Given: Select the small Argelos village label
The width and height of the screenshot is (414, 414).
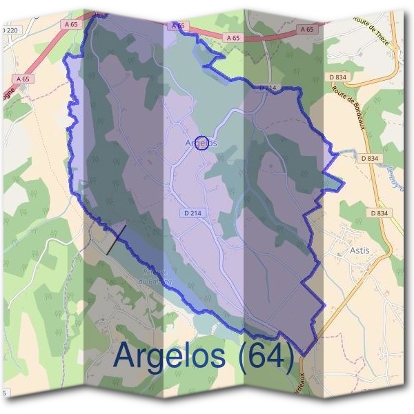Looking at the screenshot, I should tap(201, 143).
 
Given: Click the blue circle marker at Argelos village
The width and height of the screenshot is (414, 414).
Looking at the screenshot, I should tap(202, 143).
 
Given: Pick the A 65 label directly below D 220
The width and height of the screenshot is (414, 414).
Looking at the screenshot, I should tap(22, 79).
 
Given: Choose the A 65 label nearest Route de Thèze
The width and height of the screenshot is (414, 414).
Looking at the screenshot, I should tap(307, 29).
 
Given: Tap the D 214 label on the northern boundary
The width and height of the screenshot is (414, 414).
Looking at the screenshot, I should tap(268, 88).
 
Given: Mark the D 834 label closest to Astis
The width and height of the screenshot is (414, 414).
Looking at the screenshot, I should tap(379, 213).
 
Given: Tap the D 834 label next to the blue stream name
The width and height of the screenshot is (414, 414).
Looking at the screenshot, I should tap(370, 158).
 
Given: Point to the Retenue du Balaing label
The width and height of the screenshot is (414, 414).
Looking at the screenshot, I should tap(155, 277).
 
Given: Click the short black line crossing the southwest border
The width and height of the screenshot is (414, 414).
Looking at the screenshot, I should tap(117, 239).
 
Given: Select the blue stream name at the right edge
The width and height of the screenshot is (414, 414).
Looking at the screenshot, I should tap(394, 176).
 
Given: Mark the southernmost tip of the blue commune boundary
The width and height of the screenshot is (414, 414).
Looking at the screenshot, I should tap(302, 355).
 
